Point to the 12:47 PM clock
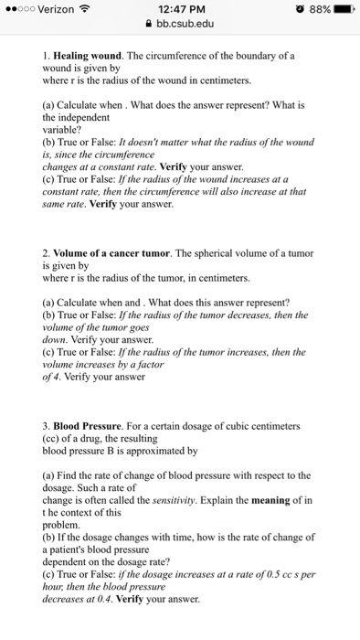[179, 11]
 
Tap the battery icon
[340, 11]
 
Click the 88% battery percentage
[312, 11]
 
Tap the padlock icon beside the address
[147, 27]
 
